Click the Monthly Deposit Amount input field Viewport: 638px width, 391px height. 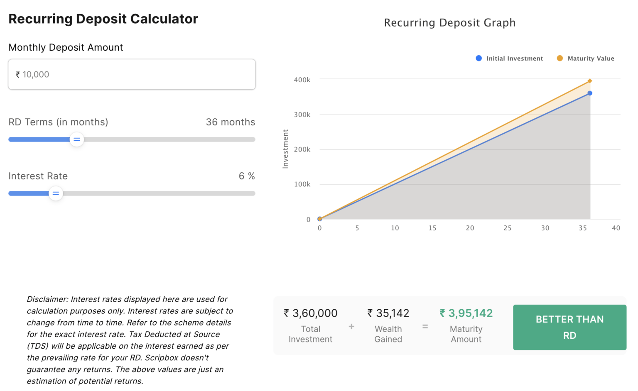tap(132, 74)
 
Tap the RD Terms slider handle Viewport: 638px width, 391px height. tap(77, 139)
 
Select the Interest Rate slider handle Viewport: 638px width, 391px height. tap(56, 193)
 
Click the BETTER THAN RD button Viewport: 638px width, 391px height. tap(569, 327)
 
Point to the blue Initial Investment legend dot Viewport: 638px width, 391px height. tap(479, 59)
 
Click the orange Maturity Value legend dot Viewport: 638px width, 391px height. tap(560, 59)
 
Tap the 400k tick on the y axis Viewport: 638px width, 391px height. tap(302, 80)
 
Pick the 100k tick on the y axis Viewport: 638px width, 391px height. tap(302, 184)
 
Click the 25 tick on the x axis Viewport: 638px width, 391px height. tap(508, 228)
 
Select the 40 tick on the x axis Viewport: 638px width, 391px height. tap(616, 228)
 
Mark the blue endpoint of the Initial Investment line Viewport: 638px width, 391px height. tap(590, 93)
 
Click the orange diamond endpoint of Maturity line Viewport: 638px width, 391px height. tap(590, 81)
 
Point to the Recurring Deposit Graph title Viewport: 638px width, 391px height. tap(449, 23)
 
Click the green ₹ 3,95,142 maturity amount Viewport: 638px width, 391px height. tap(466, 313)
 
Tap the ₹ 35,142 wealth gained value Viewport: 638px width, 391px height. tap(388, 313)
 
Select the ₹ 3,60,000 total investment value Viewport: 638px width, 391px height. tap(311, 313)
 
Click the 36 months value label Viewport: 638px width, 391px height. tap(231, 122)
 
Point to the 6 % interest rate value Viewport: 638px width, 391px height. tap(247, 176)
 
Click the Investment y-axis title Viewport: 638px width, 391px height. tap(285, 149)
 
